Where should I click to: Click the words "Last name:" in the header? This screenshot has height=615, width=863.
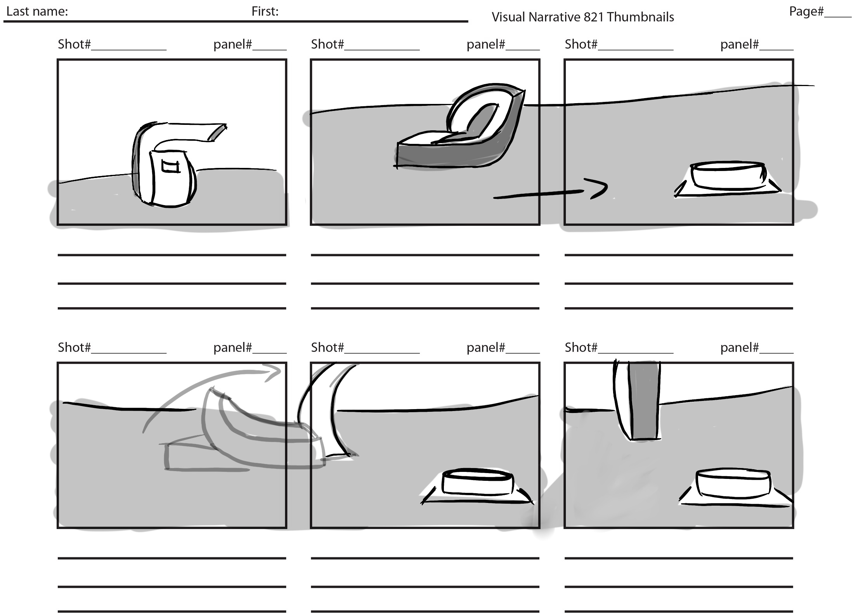[37, 11]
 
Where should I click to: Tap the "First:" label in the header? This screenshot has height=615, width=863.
[265, 11]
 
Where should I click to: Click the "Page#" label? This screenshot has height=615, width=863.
[806, 12]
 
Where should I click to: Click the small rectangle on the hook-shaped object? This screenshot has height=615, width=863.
[170, 166]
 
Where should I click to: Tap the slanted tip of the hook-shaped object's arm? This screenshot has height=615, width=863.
[217, 132]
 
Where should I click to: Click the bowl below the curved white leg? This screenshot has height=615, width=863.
[477, 483]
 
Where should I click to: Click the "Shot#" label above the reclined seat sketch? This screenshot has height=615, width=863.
[327, 44]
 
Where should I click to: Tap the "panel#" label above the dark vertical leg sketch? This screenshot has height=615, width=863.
[739, 347]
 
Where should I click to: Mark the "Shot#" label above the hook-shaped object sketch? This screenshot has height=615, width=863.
[74, 44]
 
